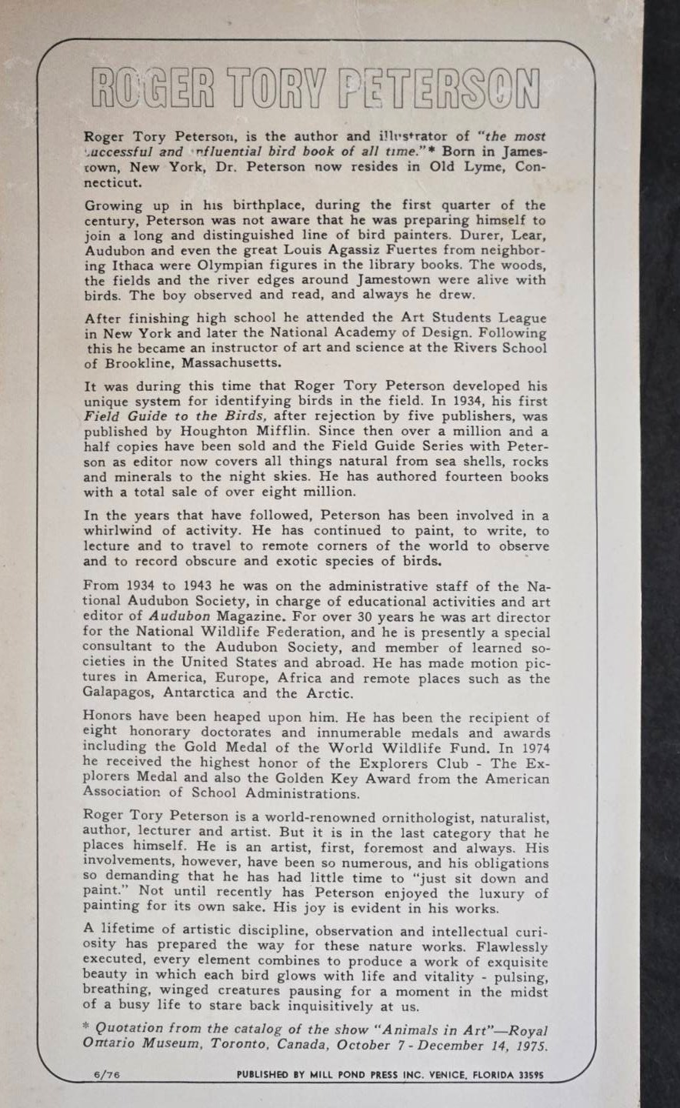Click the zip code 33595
(527, 1075)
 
